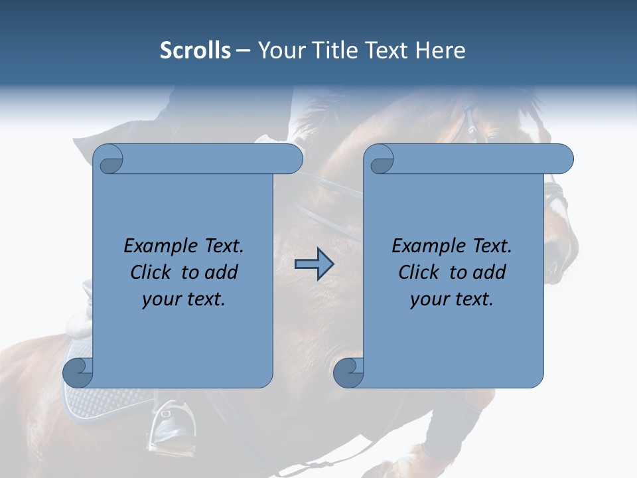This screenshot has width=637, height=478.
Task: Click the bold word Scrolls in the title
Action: point(195,50)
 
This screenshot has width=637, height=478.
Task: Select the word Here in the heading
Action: point(440,50)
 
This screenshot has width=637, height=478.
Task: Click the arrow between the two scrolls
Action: point(314,264)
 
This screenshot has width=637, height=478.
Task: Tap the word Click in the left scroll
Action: point(152,272)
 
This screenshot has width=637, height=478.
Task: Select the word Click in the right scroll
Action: point(419,272)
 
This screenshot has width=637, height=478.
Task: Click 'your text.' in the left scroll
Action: point(184,299)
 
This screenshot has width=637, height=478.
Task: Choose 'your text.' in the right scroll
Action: point(452,299)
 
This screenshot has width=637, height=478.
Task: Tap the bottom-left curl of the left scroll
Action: point(78,372)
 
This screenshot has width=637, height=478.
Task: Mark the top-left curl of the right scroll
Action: point(381,160)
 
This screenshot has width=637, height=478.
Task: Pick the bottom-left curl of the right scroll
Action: point(348,372)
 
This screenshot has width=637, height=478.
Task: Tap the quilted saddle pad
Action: point(106,402)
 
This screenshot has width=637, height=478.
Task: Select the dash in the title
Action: point(244,51)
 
